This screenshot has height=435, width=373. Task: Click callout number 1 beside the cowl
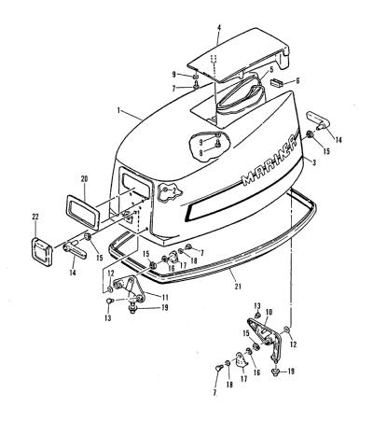[x=118, y=110]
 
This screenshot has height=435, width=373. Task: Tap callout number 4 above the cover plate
[x=219, y=28]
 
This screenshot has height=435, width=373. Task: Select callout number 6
[x=297, y=81]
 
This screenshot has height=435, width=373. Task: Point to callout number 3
[x=314, y=162]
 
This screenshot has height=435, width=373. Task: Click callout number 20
[x=84, y=179]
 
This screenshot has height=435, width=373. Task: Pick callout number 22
[x=35, y=217]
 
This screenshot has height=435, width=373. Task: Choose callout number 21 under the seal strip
[x=238, y=287]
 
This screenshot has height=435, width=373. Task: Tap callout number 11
[x=165, y=297]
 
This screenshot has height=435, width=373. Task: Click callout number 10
[x=269, y=312]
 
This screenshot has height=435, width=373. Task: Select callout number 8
[x=201, y=152]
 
